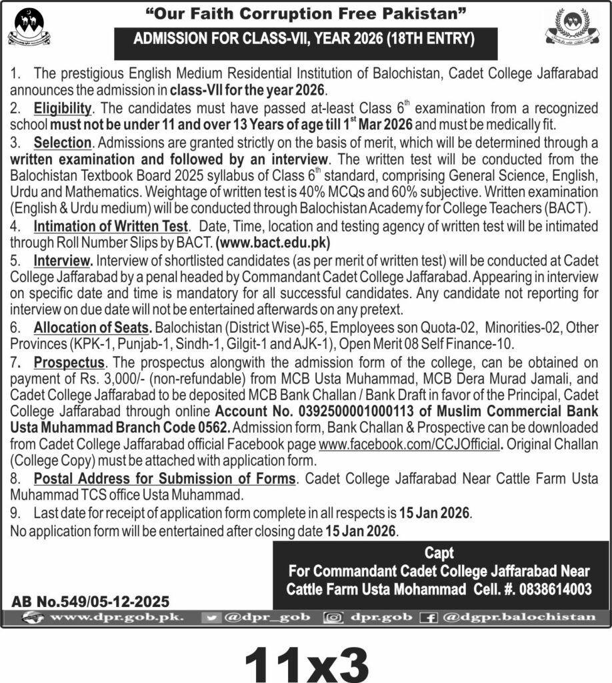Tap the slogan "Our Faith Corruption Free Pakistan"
(x=306, y=14)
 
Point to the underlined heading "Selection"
(x=62, y=142)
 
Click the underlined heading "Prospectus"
(x=69, y=362)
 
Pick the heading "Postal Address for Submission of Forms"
(x=164, y=479)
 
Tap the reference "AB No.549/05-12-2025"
(x=91, y=601)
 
